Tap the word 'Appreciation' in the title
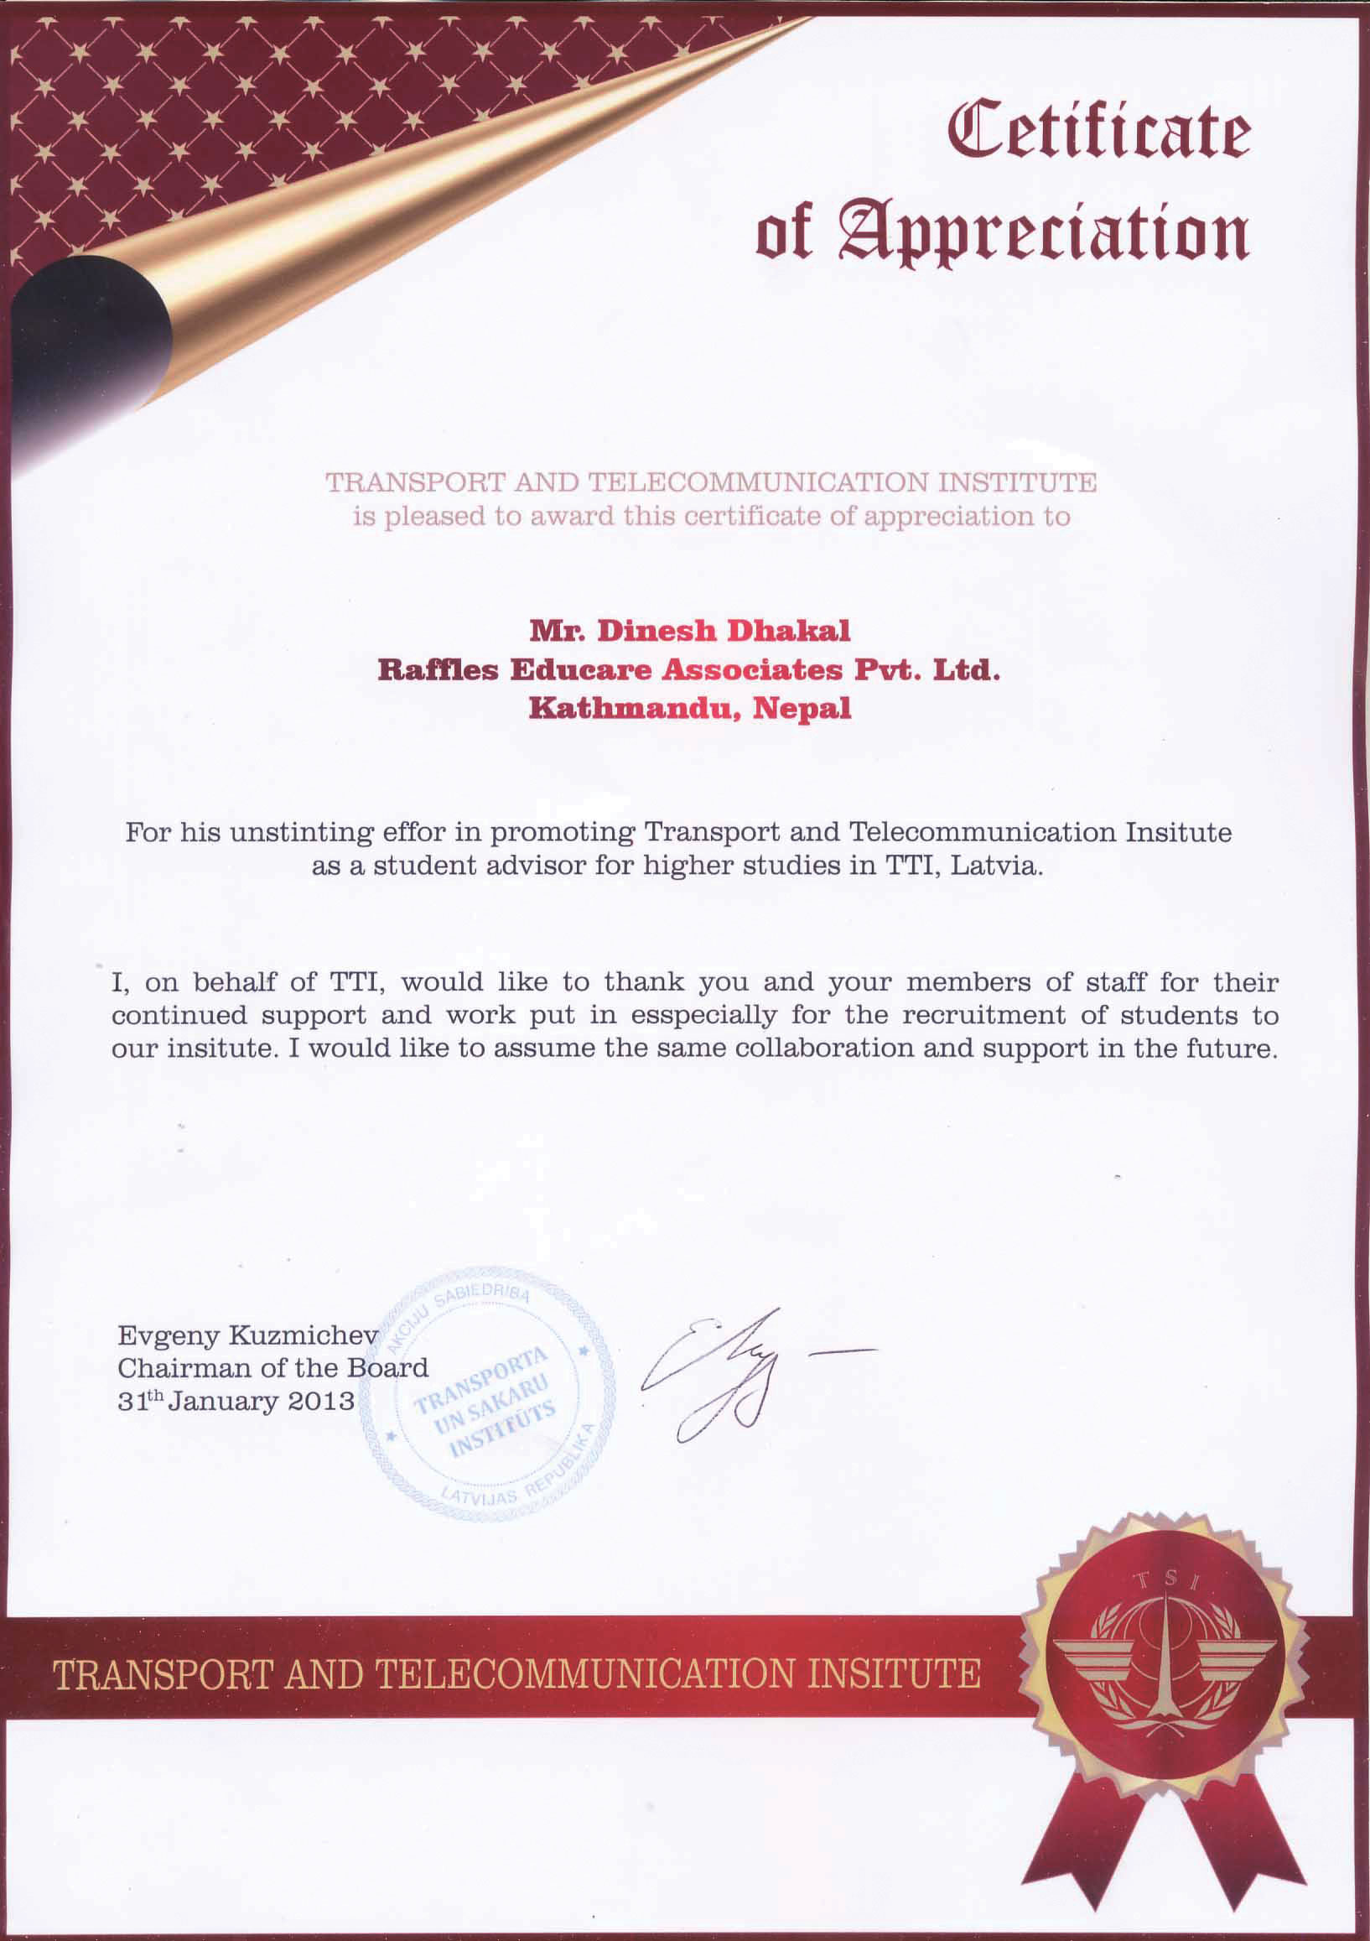pyautogui.click(x=1042, y=234)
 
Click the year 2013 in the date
pyautogui.click(x=321, y=1401)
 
